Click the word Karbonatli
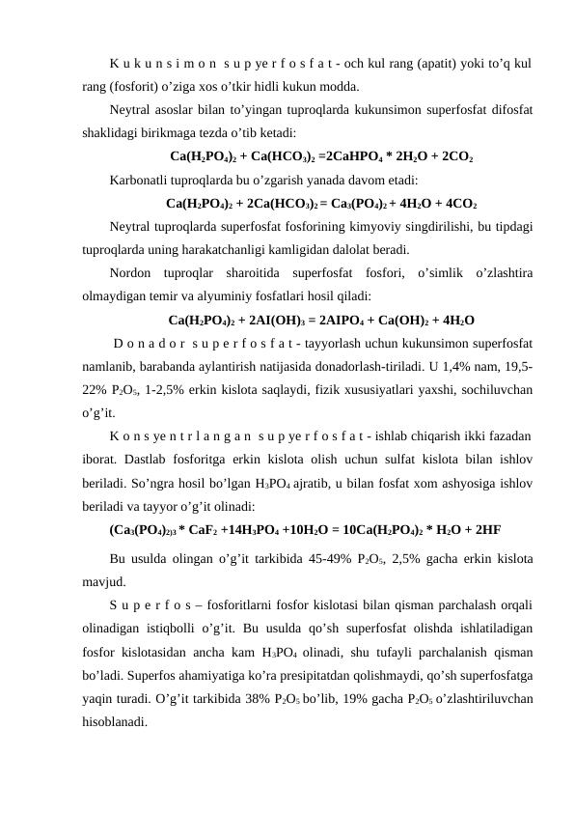point(143,180)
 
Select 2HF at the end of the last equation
point(484,529)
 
